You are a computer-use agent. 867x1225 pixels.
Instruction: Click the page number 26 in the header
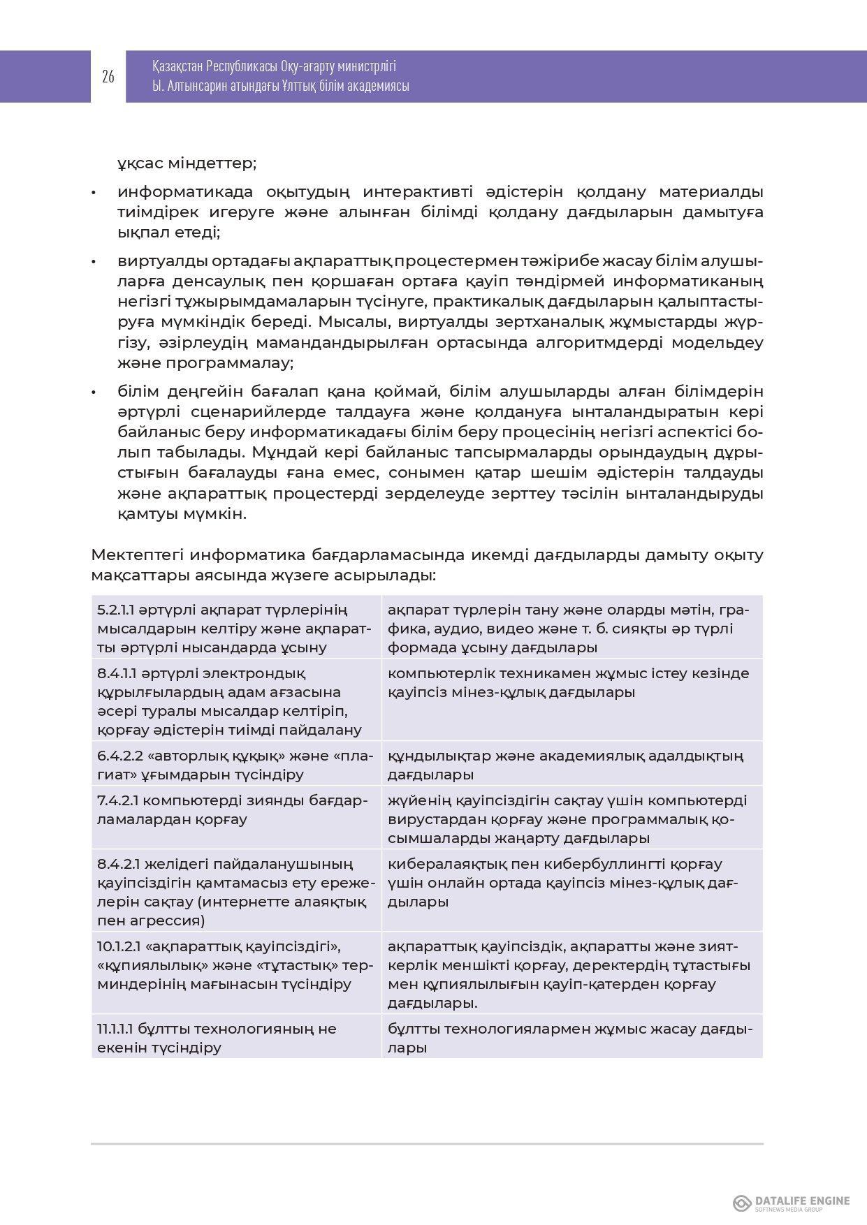pyautogui.click(x=108, y=76)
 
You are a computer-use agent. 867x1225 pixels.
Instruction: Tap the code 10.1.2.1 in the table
pyautogui.click(x=119, y=946)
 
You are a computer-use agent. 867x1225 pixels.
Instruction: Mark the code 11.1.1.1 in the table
pyautogui.click(x=115, y=1029)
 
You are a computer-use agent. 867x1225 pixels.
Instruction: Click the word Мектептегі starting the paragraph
pyautogui.click(x=138, y=555)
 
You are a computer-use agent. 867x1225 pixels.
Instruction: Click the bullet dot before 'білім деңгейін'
pyautogui.click(x=94, y=392)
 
